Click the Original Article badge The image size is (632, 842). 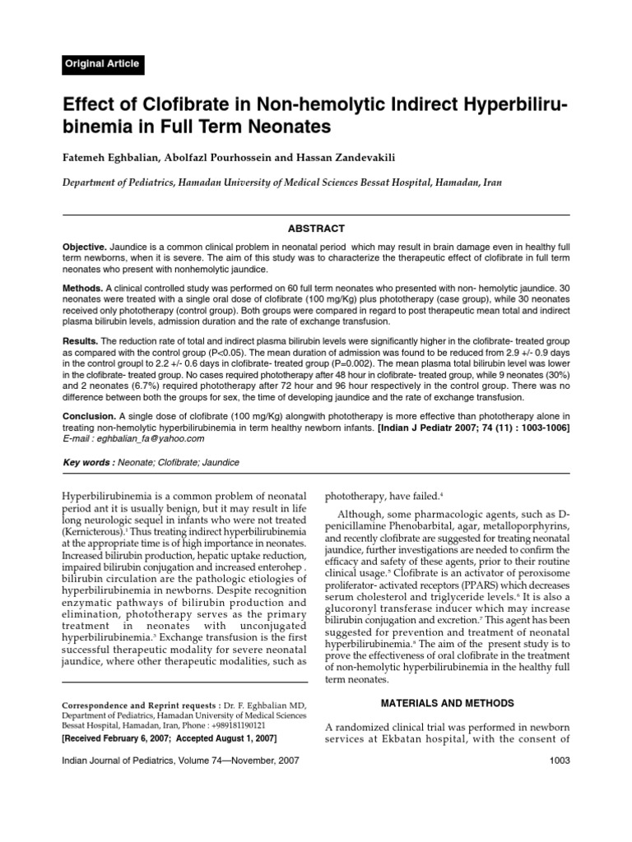pos(102,64)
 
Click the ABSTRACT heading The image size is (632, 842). pos(316,229)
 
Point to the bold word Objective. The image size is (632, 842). pos(85,247)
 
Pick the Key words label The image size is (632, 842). pos(89,463)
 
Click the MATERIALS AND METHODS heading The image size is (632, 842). pos(448,703)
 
